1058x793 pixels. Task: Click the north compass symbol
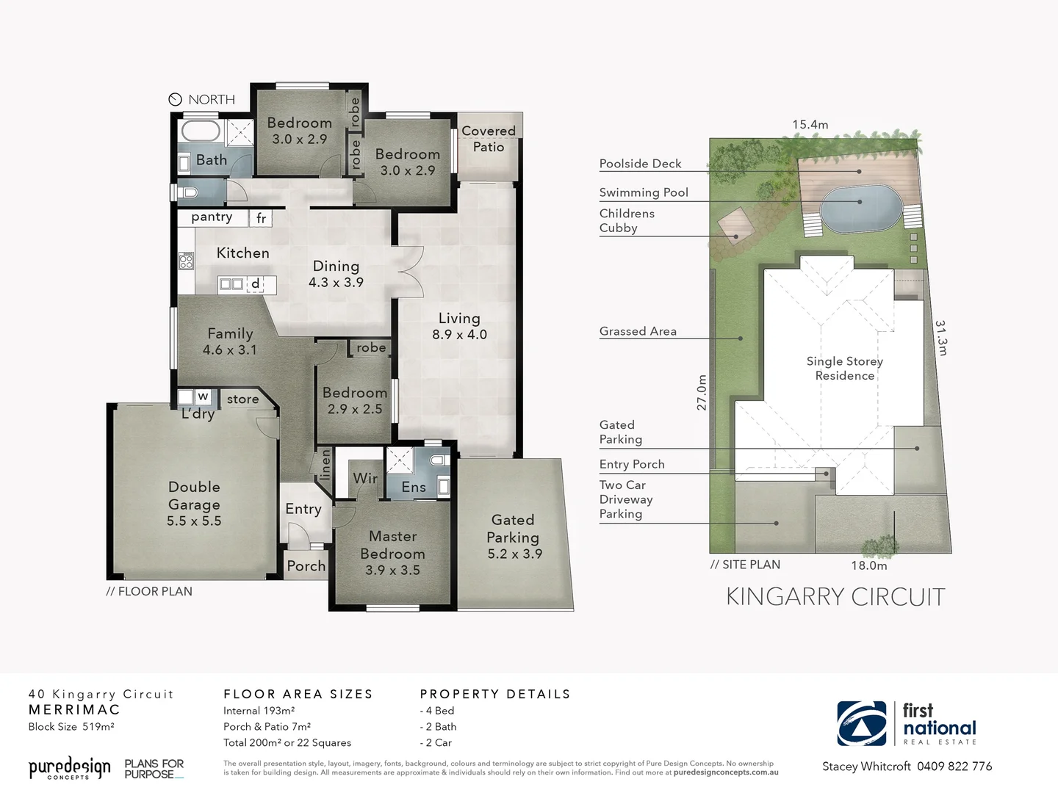click(x=175, y=99)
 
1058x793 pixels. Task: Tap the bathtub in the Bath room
click(x=200, y=132)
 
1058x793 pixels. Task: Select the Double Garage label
click(x=194, y=504)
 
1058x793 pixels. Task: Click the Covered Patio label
click(x=489, y=139)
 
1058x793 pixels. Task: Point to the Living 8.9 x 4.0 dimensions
click(x=459, y=335)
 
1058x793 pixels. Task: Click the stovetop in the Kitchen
click(x=186, y=261)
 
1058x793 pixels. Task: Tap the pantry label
click(x=212, y=217)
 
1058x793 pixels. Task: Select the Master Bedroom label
click(x=392, y=546)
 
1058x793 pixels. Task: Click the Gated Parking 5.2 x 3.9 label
click(x=514, y=537)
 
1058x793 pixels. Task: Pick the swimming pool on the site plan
click(x=860, y=209)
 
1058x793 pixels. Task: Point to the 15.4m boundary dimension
click(x=810, y=125)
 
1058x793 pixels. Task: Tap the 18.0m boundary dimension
click(x=868, y=565)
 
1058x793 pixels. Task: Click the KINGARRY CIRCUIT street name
click(x=835, y=597)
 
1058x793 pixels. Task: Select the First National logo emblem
click(x=862, y=723)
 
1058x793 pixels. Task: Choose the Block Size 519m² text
click(x=71, y=727)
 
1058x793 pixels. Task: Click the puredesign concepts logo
click(x=70, y=768)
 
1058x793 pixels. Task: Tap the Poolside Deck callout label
click(x=640, y=164)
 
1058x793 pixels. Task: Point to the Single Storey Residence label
click(x=844, y=369)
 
